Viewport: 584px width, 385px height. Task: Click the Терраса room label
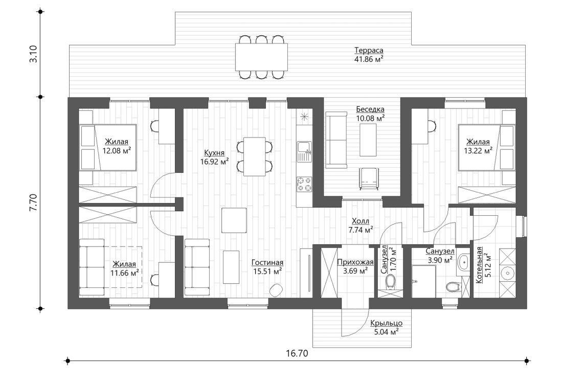[x=368, y=50]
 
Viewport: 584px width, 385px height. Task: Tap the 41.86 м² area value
[x=368, y=59]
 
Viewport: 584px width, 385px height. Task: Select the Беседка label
[x=370, y=109]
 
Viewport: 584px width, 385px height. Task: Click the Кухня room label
[x=214, y=152]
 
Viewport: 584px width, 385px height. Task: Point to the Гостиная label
[x=267, y=262]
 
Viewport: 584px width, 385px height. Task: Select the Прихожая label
[x=355, y=262]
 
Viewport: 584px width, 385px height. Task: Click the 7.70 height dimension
[x=33, y=202]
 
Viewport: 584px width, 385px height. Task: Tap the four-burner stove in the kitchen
[x=305, y=185]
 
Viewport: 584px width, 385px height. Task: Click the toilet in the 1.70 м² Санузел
[x=391, y=281]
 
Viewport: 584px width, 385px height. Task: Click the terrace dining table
[x=261, y=57]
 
